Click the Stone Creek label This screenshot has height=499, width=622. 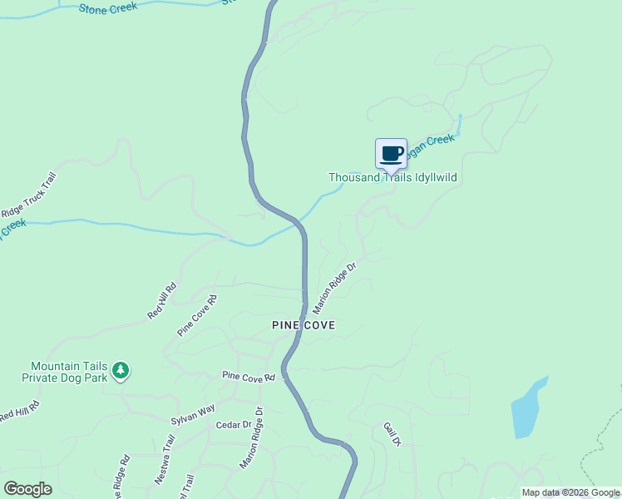coord(108,8)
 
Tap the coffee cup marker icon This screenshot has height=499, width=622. coord(392,154)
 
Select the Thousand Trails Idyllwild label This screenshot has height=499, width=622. coord(392,177)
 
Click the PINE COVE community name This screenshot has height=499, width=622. coord(304,325)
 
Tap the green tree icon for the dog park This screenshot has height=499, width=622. coord(121,370)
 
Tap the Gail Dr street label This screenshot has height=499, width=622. coord(392,434)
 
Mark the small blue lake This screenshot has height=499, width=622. coord(528,408)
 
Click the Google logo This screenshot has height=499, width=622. coord(27,488)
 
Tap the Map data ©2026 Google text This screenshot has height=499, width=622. coord(570,492)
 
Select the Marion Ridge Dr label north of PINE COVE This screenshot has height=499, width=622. coord(333,288)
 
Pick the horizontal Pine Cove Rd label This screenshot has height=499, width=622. coord(248,377)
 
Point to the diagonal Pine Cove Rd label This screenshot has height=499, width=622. coord(196,315)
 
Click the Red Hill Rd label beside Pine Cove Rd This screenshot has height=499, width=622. coord(162,301)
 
